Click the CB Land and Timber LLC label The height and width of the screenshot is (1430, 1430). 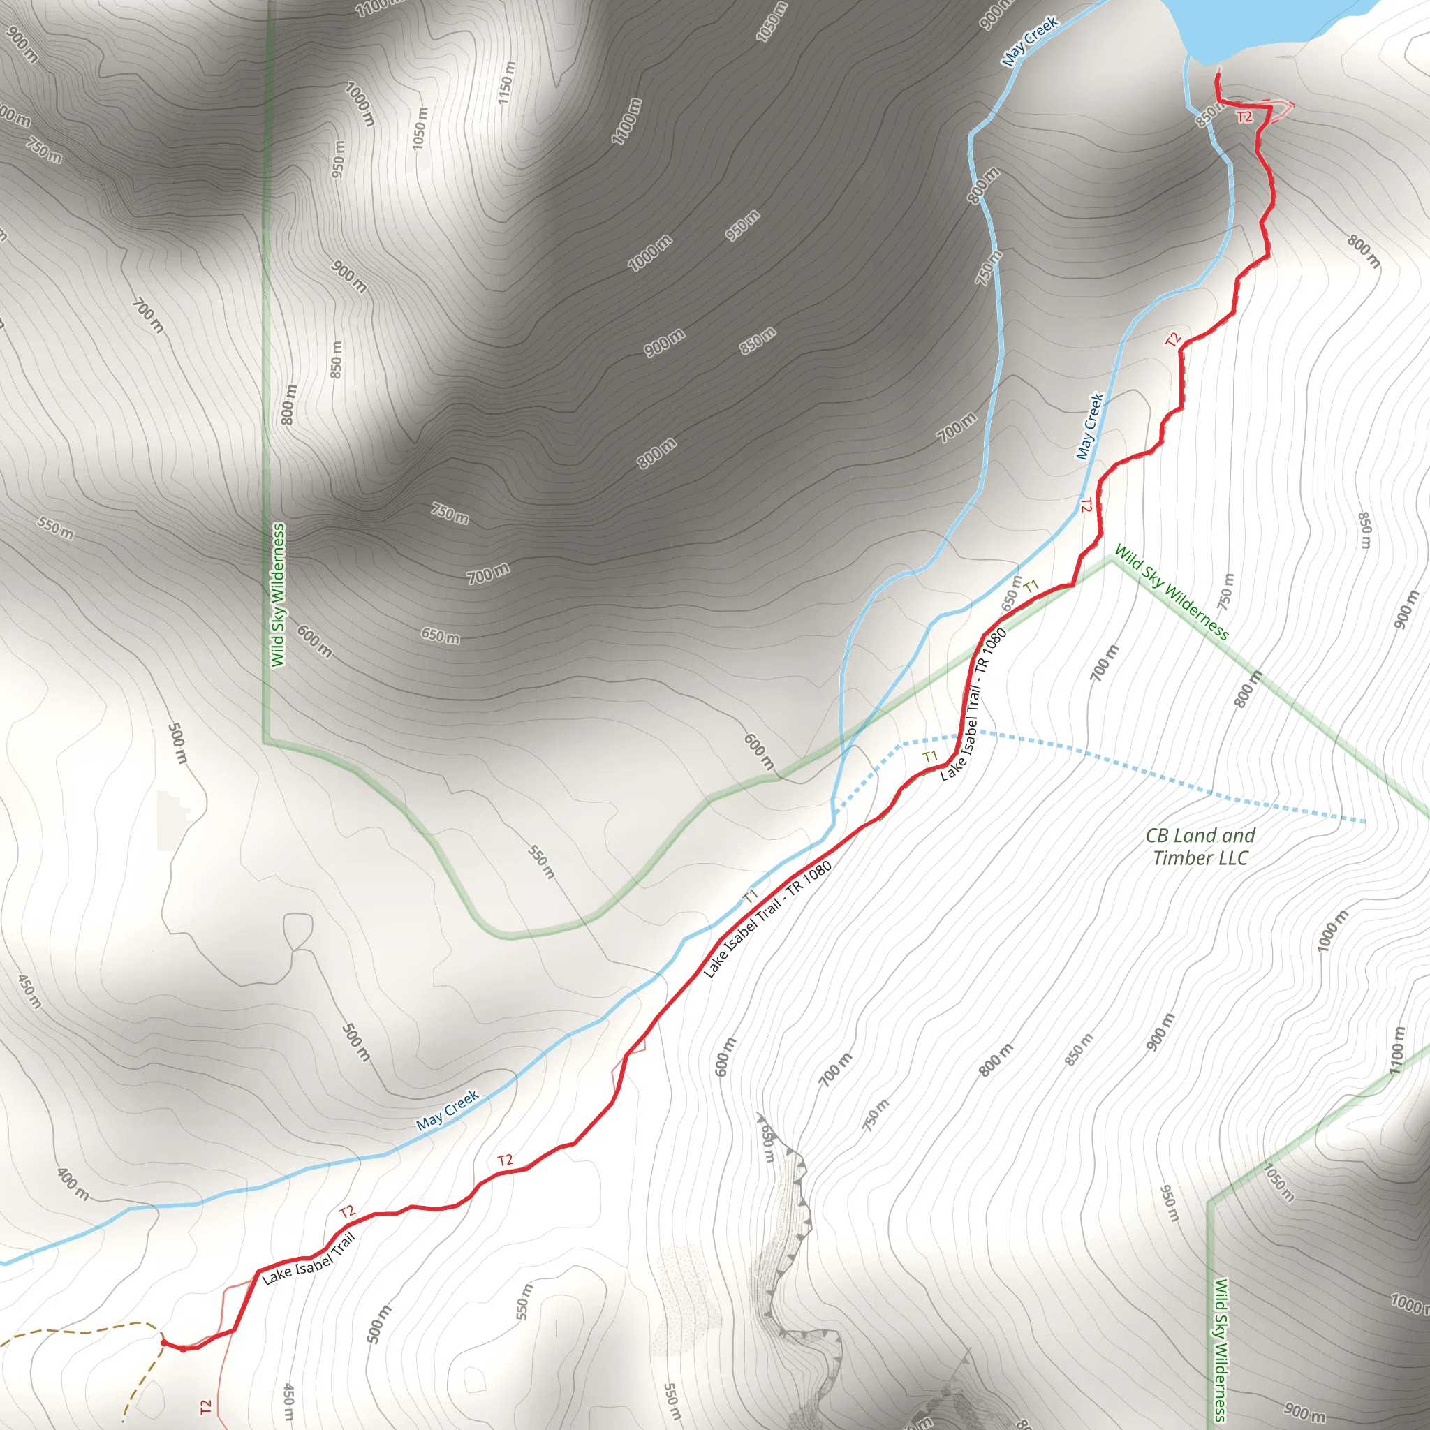[x=1200, y=847]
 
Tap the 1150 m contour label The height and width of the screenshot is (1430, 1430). [x=506, y=82]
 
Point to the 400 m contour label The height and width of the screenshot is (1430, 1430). [x=73, y=1184]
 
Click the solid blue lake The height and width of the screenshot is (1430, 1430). [x=1258, y=26]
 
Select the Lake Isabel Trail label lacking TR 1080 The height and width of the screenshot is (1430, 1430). [x=309, y=1258]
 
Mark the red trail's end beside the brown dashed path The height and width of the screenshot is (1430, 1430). [x=163, y=1342]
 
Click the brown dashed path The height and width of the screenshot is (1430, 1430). [x=82, y=1331]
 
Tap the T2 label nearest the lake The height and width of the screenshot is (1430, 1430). [x=1244, y=117]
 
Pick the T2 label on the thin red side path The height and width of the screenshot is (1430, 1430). [x=206, y=1406]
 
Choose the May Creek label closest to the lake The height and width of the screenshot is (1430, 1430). [x=1030, y=42]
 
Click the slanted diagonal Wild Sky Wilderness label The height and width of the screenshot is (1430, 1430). [x=1171, y=593]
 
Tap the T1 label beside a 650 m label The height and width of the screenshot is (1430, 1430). [x=1032, y=587]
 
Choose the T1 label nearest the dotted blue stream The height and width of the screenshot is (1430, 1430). [x=930, y=755]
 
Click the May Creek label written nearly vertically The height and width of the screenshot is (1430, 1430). [x=1089, y=427]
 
